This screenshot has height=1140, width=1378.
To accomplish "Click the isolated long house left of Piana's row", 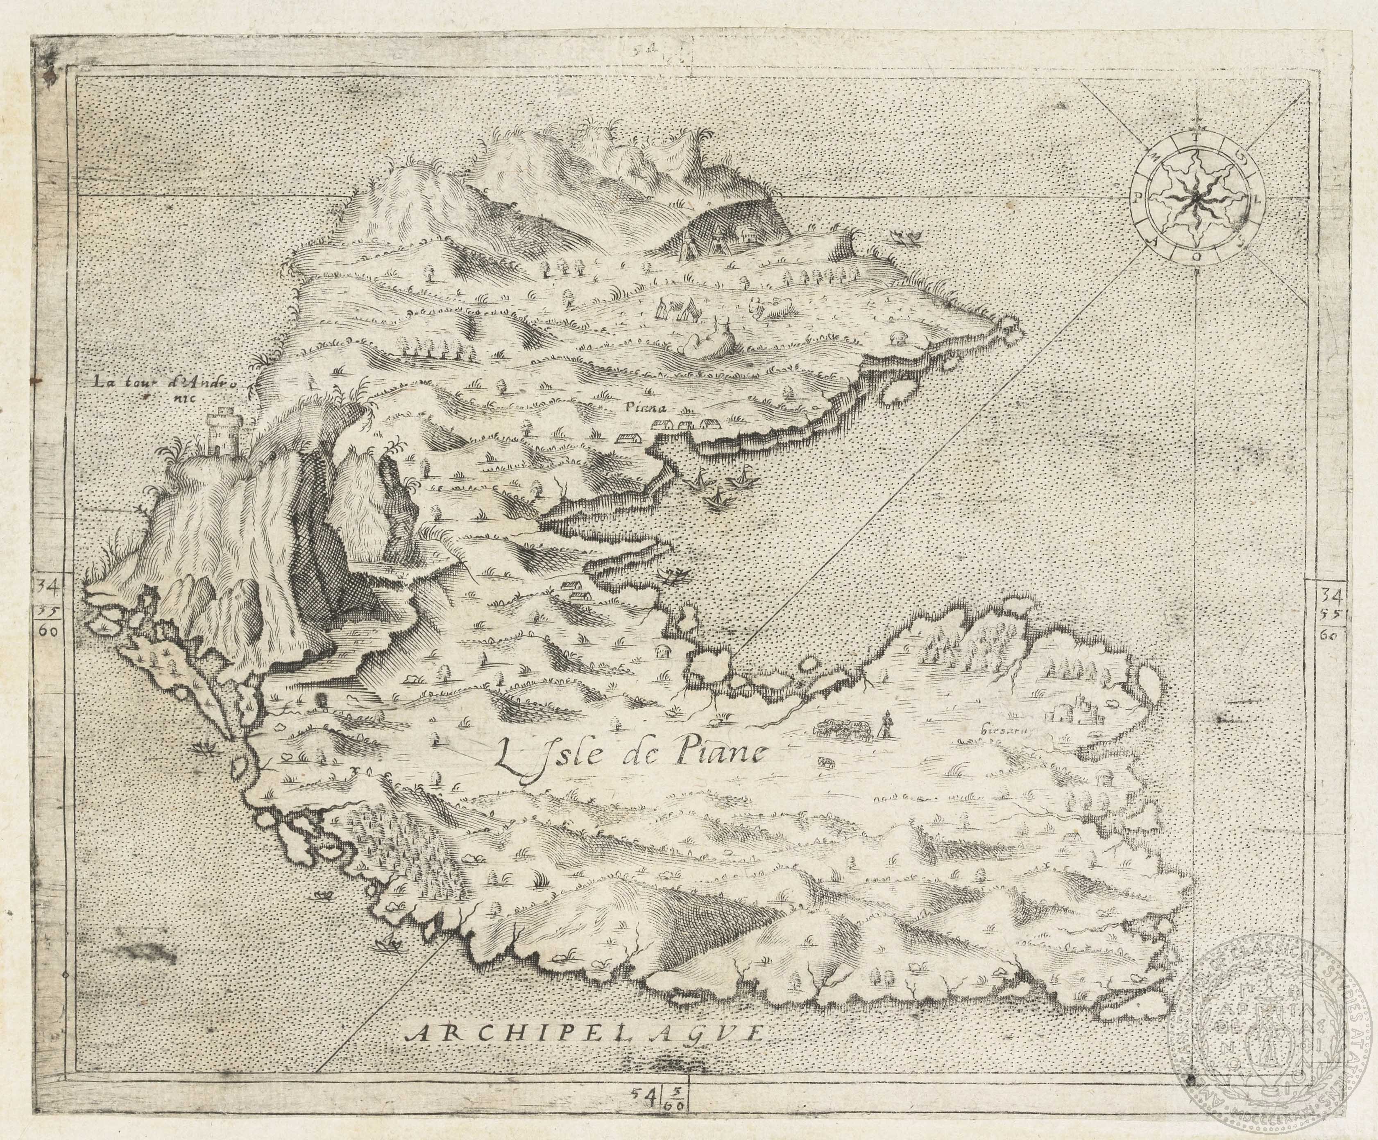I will (629, 437).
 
